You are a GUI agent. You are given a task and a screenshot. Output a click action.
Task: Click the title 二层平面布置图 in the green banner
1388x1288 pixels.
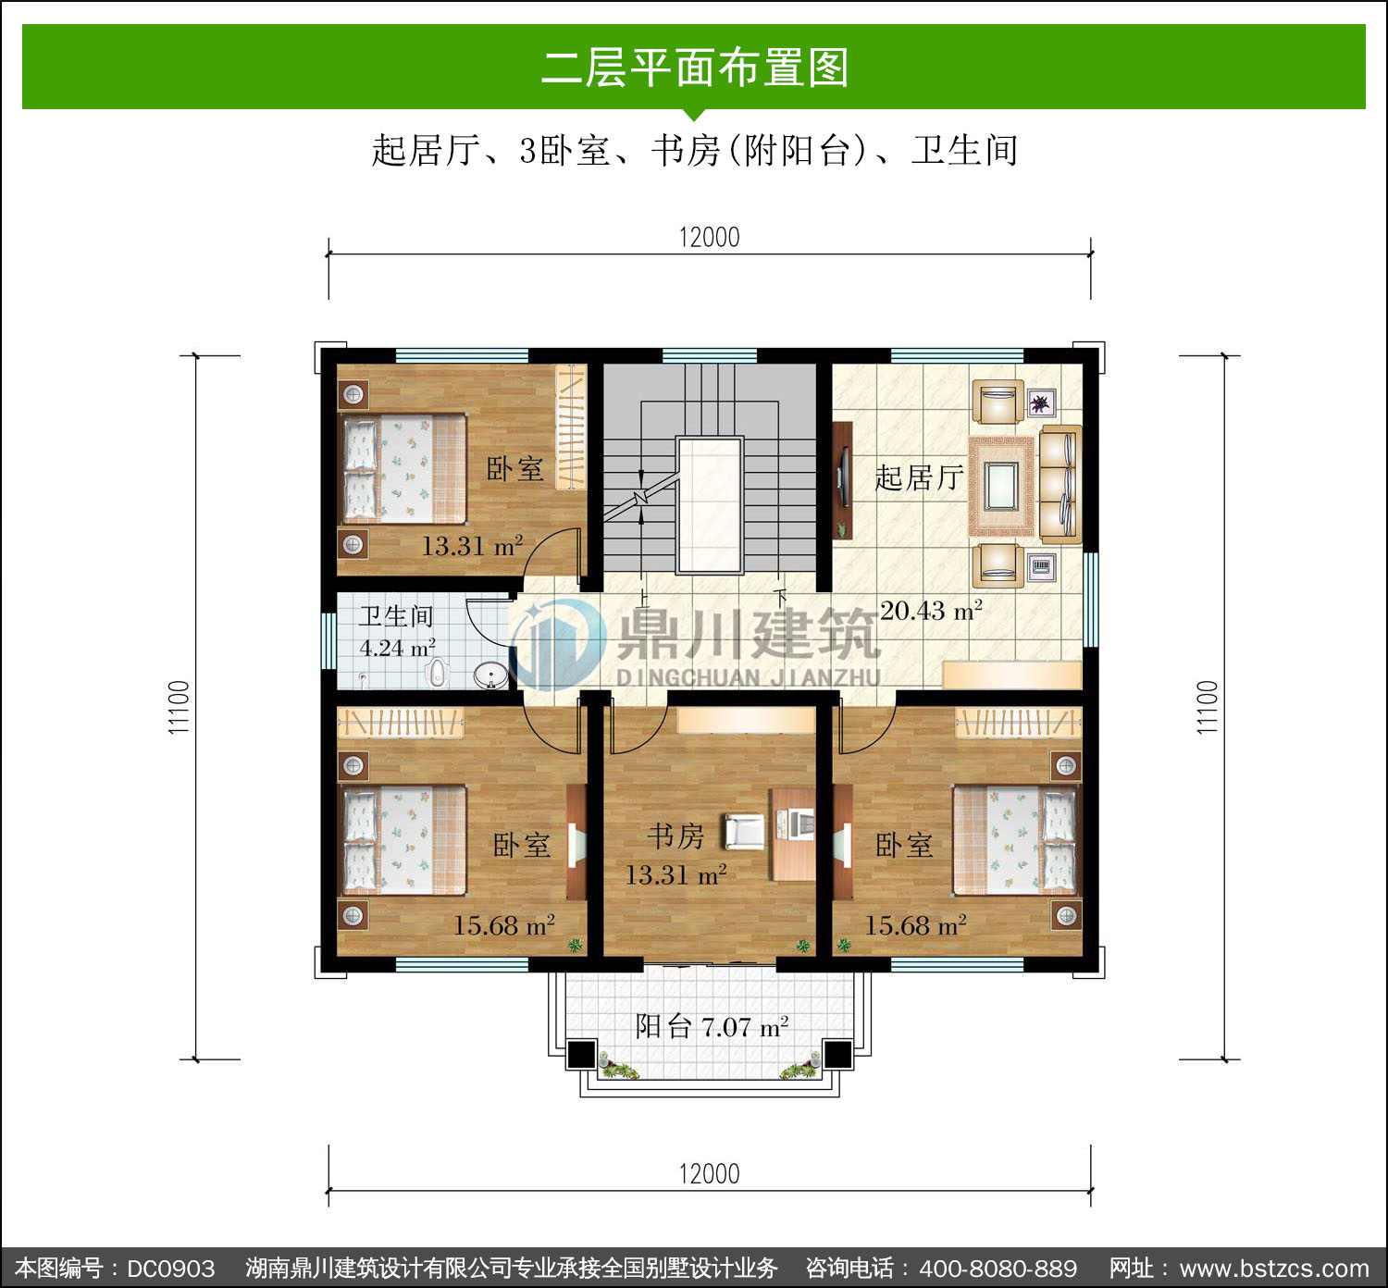(695, 68)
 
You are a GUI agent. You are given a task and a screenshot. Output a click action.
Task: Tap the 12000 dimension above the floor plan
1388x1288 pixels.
(710, 238)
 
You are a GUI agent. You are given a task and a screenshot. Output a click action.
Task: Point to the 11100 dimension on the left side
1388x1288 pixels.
(179, 707)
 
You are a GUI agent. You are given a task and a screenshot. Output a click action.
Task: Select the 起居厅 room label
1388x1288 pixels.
(919, 478)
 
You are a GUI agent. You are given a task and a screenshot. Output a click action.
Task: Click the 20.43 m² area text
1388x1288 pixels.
(931, 611)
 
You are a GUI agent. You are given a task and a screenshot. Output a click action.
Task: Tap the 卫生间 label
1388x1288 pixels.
(396, 616)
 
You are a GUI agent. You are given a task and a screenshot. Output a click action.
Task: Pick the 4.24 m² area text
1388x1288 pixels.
(398, 648)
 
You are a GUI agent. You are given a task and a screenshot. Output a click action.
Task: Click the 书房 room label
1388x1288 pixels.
(675, 836)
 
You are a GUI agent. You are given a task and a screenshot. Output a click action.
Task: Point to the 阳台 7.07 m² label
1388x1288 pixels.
(713, 1027)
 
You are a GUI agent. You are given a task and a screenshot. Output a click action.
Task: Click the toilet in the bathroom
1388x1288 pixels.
(437, 673)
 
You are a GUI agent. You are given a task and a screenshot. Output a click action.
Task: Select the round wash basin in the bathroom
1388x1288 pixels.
(490, 675)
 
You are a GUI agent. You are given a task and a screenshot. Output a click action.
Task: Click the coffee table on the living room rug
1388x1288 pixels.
(1001, 486)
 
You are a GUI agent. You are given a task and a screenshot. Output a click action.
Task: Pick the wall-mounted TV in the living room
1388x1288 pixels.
(844, 476)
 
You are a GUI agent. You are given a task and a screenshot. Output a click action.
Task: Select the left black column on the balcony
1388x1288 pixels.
(581, 1055)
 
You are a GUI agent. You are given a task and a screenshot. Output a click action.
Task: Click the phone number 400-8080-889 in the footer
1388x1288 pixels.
(998, 1269)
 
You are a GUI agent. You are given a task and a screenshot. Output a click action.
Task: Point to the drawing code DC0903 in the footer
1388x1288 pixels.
(170, 1269)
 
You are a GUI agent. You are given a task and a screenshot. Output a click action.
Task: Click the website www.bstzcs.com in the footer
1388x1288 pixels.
(1273, 1269)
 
